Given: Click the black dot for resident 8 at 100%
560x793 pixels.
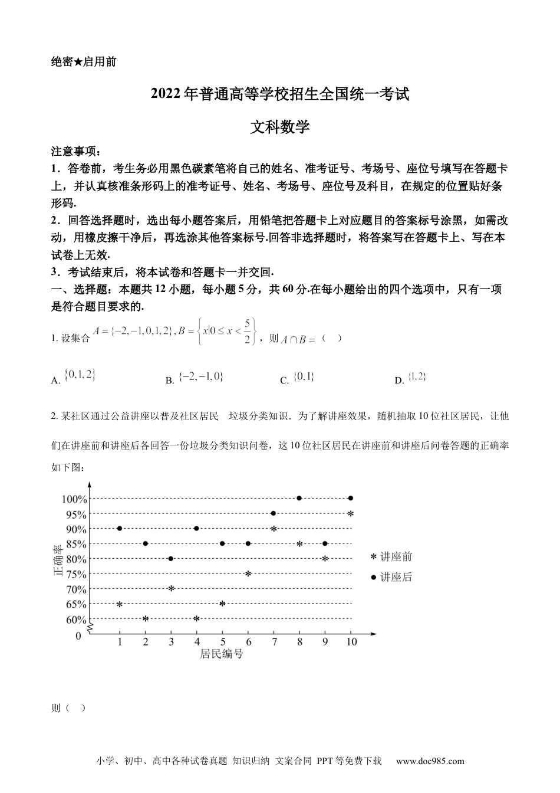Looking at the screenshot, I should tap(299, 499).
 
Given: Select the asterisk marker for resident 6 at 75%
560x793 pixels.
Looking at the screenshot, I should tap(248, 574).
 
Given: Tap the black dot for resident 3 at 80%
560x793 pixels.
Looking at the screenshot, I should tap(171, 559).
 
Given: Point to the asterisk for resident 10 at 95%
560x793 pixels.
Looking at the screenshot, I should tap(351, 514).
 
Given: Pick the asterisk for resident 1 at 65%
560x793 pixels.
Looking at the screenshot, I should tap(120, 604).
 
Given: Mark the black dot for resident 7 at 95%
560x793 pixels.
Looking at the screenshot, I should tap(274, 513).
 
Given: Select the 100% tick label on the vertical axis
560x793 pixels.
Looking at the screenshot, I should tap(74, 499).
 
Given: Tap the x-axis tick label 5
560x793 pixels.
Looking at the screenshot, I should tap(222, 642).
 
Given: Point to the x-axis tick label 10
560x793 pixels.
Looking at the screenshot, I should tap(351, 642).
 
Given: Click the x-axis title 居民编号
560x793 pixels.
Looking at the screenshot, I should tap(222, 654).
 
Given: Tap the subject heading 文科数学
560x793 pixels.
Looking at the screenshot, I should tap(280, 127).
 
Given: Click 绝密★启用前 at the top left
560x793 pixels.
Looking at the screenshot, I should tap(84, 62).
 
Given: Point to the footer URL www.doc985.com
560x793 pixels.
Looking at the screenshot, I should tap(430, 761).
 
